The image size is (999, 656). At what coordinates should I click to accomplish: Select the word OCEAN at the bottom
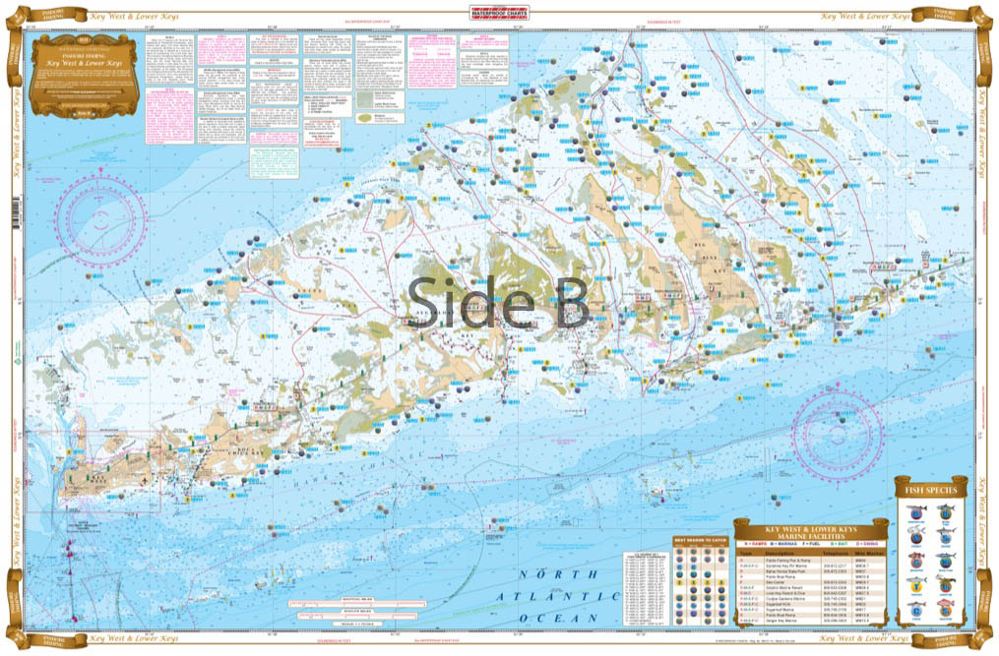tap(571, 618)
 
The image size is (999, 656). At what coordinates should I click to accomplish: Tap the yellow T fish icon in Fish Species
tap(916, 588)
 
